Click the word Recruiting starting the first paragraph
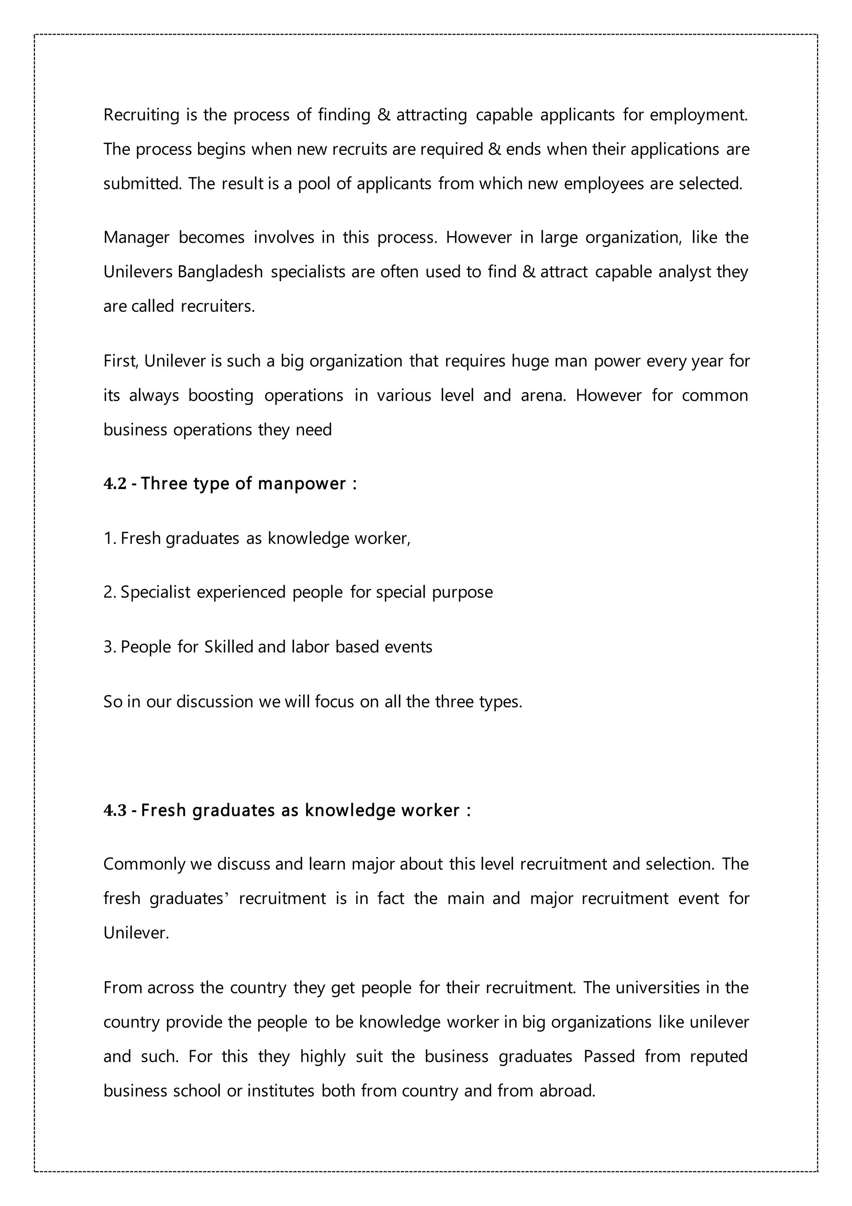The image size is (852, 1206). [141, 115]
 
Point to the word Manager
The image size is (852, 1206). [136, 237]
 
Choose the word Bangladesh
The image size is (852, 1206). [220, 272]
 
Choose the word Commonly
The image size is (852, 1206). [144, 864]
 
